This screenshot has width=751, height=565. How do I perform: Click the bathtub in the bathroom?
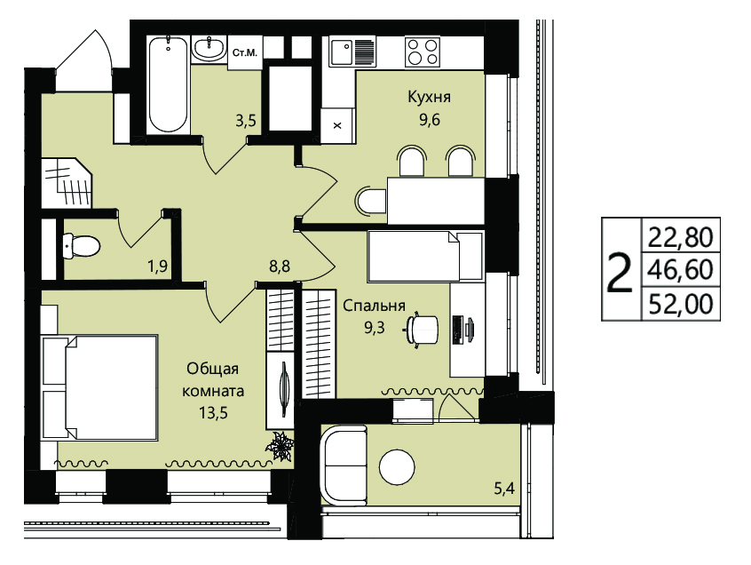coord(168,84)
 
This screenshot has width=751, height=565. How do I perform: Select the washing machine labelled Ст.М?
coord(245,52)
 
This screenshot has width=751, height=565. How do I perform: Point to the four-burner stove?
coord(423,52)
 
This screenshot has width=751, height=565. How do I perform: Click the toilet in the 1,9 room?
coord(82,246)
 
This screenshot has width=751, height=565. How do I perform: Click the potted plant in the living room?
coord(281,447)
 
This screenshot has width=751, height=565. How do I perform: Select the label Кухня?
coord(429,97)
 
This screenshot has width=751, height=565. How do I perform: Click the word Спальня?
coord(374,306)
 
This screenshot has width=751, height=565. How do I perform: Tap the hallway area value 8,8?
coord(280,266)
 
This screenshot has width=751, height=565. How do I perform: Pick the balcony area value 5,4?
coord(504,489)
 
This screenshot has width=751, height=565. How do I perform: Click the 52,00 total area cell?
coord(681,304)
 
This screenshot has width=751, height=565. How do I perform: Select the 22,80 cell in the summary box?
coord(681,237)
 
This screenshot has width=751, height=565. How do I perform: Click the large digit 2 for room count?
coord(620,274)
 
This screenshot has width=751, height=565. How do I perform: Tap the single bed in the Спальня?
coord(425,257)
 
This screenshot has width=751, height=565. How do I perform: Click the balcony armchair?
coord(344,465)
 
